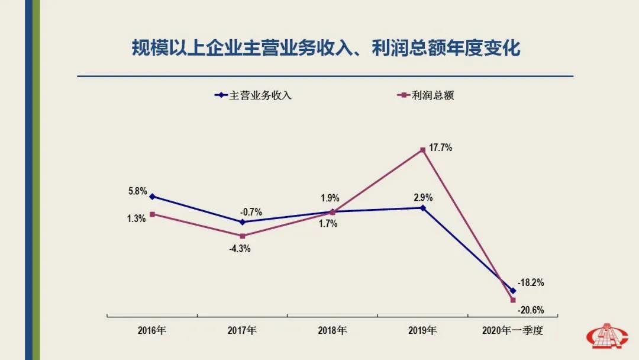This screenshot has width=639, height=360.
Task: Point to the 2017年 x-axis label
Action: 242,330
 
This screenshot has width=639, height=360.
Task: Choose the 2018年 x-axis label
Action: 332,330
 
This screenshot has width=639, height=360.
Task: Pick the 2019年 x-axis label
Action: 422,330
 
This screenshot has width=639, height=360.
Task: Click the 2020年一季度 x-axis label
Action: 512,330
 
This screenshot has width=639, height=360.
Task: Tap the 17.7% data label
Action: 441,148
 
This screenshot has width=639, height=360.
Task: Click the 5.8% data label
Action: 137,191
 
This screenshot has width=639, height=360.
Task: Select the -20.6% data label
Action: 530,310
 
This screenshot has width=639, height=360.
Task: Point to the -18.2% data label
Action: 530,282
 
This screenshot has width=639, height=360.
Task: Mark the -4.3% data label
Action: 240,249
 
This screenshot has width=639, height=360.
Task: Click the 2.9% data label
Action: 423,197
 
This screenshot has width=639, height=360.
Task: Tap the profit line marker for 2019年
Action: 422,150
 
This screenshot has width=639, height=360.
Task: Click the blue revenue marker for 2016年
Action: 152,197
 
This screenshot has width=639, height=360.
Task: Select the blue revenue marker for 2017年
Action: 242,222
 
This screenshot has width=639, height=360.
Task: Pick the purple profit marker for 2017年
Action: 242,236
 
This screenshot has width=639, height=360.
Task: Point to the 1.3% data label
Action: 137,218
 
